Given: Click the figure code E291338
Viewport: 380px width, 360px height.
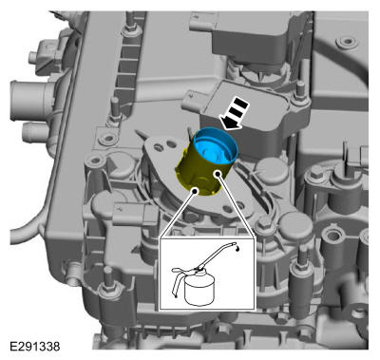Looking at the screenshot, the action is pyautogui.click(x=35, y=346).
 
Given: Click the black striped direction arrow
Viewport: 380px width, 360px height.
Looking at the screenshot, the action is pyautogui.click(x=234, y=114).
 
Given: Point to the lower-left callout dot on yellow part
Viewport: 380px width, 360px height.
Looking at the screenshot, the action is pyautogui.click(x=195, y=191).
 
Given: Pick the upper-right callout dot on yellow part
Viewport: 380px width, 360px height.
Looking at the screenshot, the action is pyautogui.click(x=218, y=174).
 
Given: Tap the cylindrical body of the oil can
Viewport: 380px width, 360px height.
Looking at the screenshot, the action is pyautogui.click(x=199, y=291).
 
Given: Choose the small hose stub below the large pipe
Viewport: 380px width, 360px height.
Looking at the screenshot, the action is pyautogui.click(x=34, y=132).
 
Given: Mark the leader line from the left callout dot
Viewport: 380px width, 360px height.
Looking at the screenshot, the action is pyautogui.click(x=178, y=215).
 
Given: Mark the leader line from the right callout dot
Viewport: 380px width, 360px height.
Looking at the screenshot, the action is pyautogui.click(x=237, y=206).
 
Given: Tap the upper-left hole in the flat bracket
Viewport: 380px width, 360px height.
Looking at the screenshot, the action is pyautogui.click(x=158, y=147).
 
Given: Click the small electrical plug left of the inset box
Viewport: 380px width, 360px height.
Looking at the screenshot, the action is pyautogui.click(x=132, y=215).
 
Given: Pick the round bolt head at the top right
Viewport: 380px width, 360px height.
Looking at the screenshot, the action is pyautogui.click(x=348, y=42).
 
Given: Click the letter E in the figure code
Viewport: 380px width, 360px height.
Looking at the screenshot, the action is pyautogui.click(x=13, y=346).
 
